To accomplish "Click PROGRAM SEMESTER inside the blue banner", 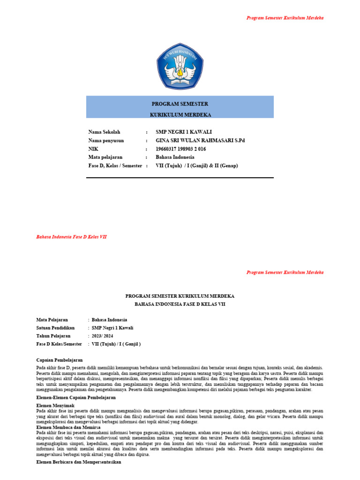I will pyautogui.click(x=180, y=104).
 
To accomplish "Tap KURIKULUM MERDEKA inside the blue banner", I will pyautogui.click(x=180, y=114).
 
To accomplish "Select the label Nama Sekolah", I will pyautogui.click(x=104, y=132).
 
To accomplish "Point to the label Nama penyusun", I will pyautogui.click(x=106, y=141).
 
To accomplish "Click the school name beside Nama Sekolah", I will pyautogui.click(x=180, y=132).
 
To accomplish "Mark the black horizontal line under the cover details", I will pyautogui.click(x=180, y=178).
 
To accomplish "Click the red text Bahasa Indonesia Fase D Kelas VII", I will pyautogui.click(x=71, y=237).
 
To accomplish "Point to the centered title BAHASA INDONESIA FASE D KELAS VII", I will pyautogui.click(x=180, y=304).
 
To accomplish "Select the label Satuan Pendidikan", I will pyautogui.click(x=58, y=328).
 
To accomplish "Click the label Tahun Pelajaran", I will pyautogui.click(x=53, y=336).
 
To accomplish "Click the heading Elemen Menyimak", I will pyautogui.click(x=55, y=405).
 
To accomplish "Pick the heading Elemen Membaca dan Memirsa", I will pyautogui.click(x=68, y=427).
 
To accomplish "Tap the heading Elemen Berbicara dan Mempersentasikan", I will pyautogui.click(x=79, y=462).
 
